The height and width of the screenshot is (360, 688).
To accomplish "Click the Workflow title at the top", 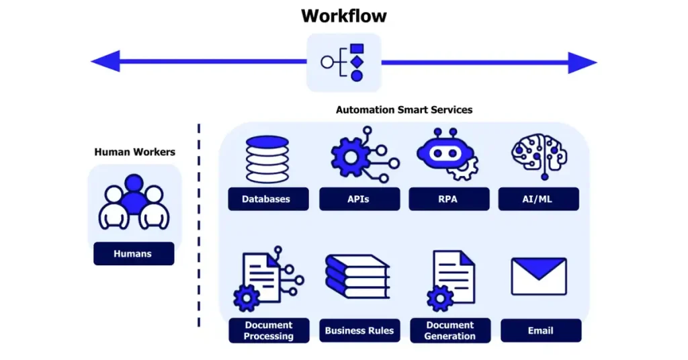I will [343, 15].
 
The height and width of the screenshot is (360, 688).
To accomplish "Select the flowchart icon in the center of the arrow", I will [343, 62].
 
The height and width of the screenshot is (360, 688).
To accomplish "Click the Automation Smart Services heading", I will [404, 109].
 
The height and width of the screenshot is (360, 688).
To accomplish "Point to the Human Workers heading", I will [134, 152].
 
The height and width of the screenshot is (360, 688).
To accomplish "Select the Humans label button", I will [133, 254].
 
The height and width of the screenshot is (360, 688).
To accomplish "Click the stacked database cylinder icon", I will [267, 159].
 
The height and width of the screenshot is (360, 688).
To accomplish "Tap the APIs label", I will [359, 199].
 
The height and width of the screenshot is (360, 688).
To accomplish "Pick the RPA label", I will [447, 199].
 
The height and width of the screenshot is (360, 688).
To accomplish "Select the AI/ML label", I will [538, 199].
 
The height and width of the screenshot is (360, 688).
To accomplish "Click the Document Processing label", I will [268, 330].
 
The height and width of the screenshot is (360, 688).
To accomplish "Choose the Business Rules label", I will [359, 330].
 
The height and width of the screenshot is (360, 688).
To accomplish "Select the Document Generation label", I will [449, 330].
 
